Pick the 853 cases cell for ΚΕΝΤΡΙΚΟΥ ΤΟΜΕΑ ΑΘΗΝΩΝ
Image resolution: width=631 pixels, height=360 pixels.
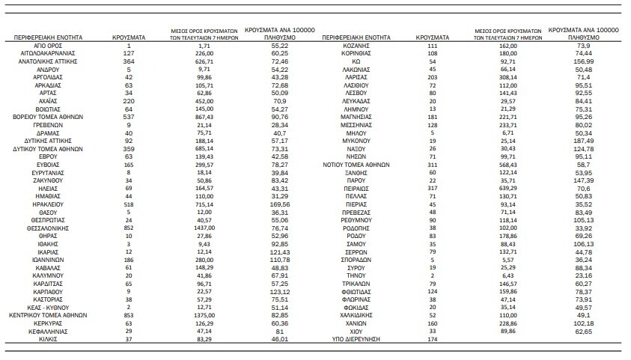(x=129, y=315)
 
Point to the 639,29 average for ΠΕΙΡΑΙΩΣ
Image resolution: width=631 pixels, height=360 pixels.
(x=509, y=189)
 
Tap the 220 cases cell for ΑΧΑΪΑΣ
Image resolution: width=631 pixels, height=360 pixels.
(x=129, y=100)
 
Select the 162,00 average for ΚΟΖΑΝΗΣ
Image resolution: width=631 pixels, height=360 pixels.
(x=509, y=46)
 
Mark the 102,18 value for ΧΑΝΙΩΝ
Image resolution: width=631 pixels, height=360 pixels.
(x=585, y=323)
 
